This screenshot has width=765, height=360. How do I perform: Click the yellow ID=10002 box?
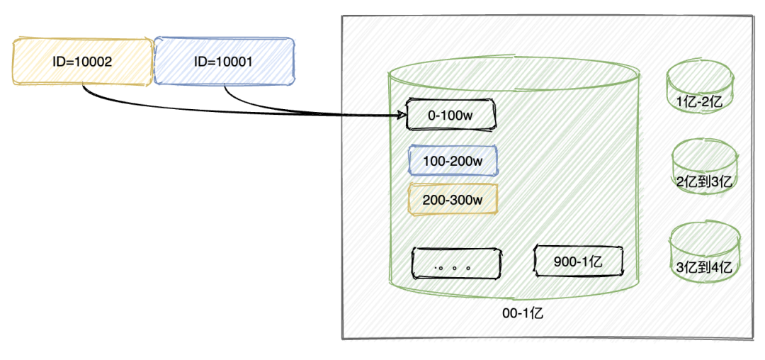pos(82,62)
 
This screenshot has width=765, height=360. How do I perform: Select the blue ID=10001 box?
pos(224,61)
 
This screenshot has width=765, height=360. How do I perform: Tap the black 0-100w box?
pos(450,115)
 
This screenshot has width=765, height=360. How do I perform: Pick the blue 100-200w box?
pos(453,160)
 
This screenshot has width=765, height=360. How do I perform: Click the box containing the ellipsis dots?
pos(456,263)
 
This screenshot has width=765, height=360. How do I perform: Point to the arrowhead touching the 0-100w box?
pos(402,115)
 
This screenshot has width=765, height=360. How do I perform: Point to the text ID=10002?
pos(82,62)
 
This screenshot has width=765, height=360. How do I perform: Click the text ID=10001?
pos(224,61)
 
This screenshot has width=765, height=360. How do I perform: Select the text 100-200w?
pos(453,160)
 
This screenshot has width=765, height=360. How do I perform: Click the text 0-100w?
pos(450,116)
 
